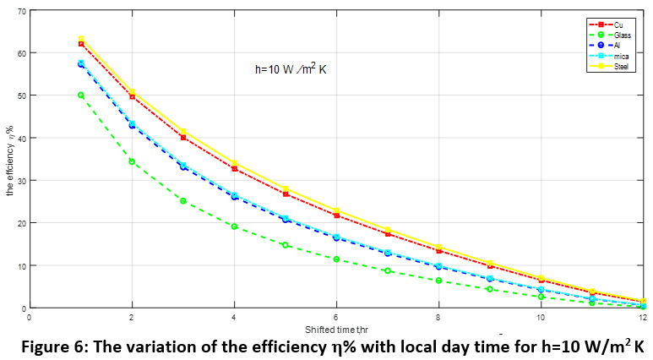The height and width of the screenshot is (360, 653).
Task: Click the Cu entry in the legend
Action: tap(619, 25)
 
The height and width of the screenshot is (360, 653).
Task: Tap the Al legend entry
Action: tap(618, 46)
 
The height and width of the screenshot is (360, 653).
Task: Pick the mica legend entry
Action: tap(620, 56)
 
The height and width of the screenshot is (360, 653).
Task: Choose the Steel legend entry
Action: tap(621, 66)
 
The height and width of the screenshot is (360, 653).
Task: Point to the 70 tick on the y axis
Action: tap(20, 10)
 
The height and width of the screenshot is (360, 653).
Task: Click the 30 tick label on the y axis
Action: tap(20, 181)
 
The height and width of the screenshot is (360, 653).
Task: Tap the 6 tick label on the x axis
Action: tap(336, 318)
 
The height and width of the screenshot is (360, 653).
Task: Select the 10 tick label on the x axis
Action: tap(541, 318)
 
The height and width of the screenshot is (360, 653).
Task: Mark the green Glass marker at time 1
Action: tap(81, 95)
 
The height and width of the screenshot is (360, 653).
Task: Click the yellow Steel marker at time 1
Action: tap(81, 39)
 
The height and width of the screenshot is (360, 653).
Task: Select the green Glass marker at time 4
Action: tap(234, 226)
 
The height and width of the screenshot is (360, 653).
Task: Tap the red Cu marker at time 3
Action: tap(183, 137)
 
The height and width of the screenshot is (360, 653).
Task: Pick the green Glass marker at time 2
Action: tap(132, 161)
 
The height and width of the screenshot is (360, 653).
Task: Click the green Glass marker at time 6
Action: tap(336, 259)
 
